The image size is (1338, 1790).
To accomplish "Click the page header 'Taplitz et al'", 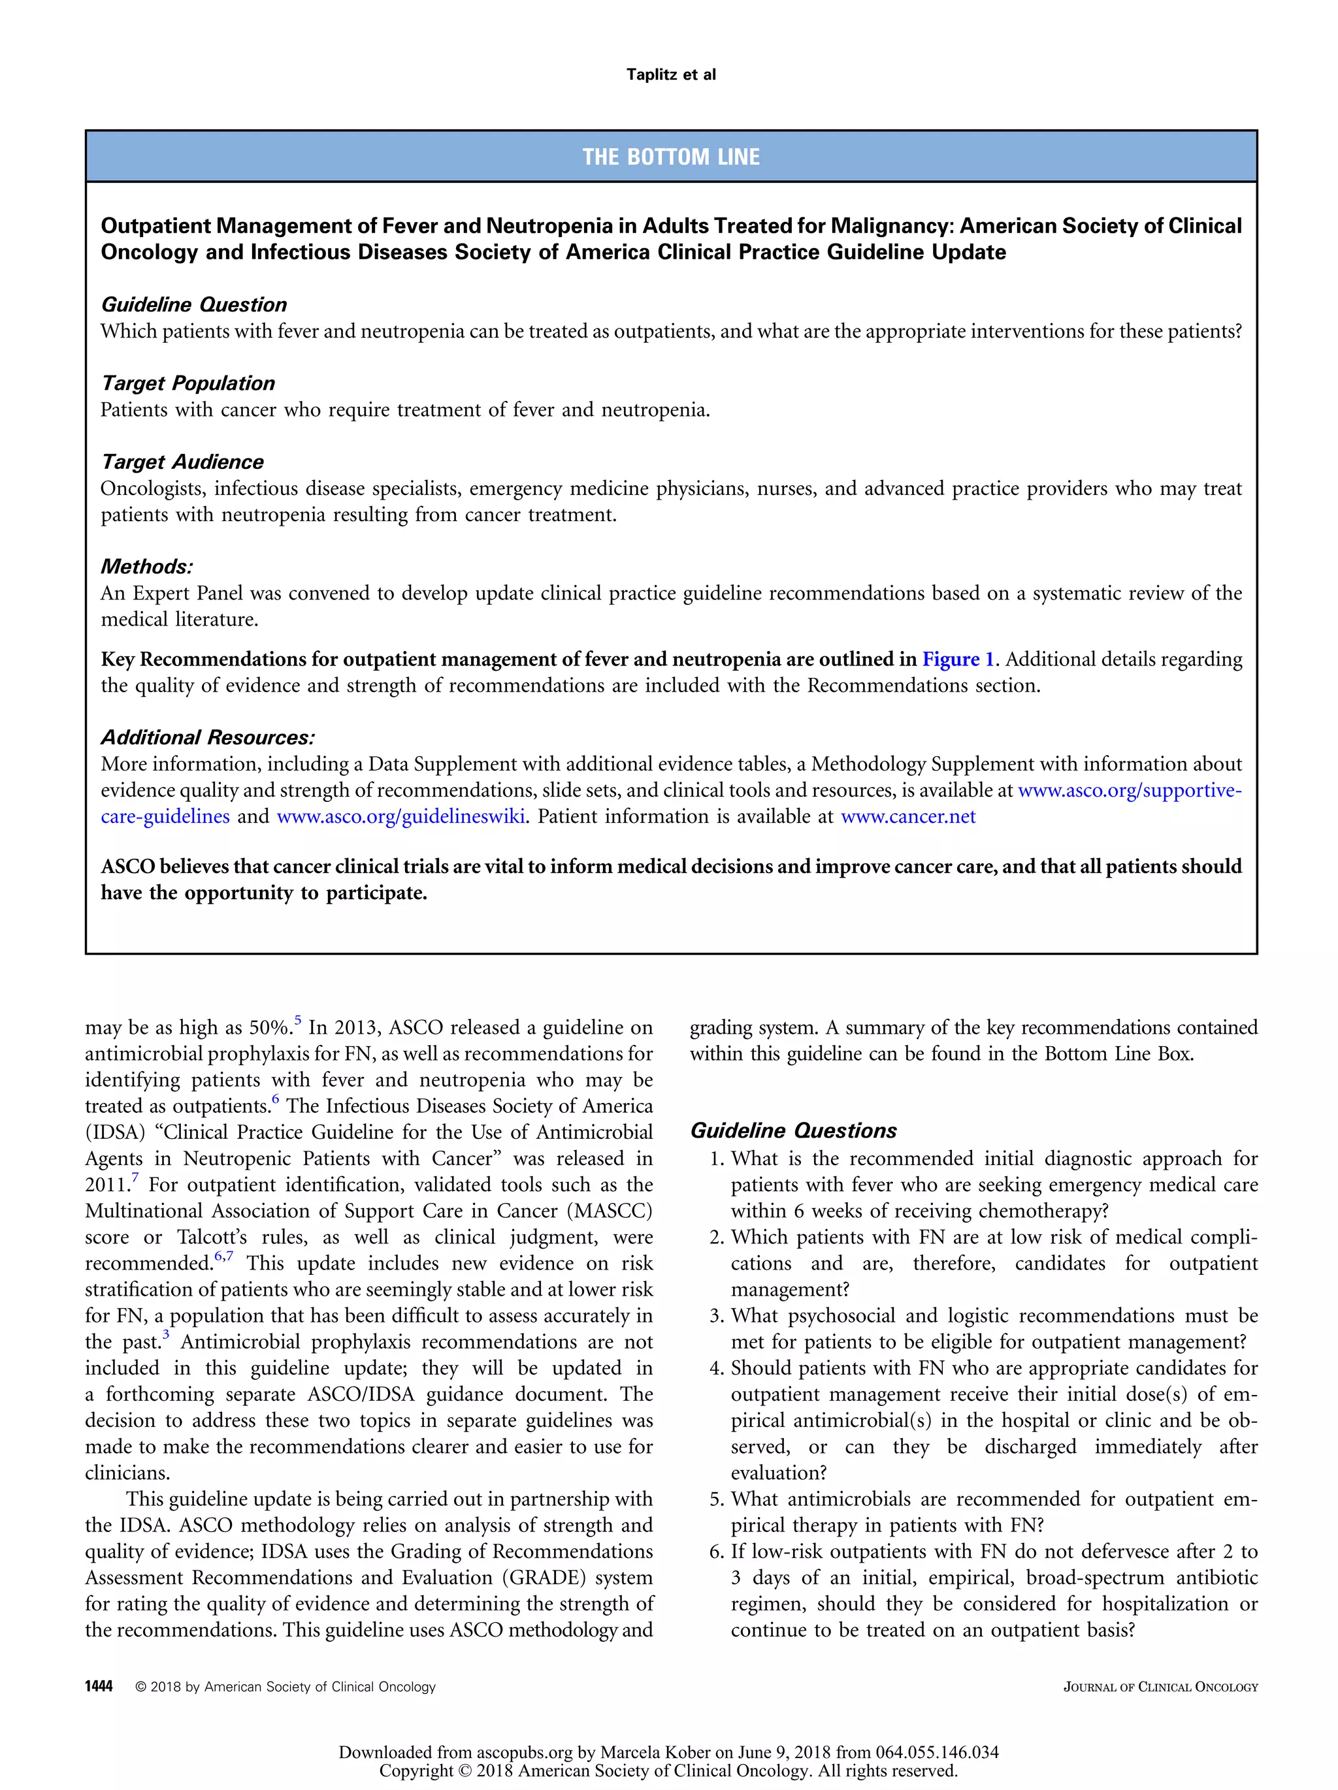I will [670, 74].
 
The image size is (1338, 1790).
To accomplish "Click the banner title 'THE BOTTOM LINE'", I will [670, 157].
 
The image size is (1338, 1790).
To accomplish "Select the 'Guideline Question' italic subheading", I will [193, 304].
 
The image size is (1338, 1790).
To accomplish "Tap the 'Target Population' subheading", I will [188, 383].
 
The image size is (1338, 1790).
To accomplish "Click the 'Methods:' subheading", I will [146, 566].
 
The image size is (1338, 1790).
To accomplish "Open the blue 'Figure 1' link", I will [958, 659].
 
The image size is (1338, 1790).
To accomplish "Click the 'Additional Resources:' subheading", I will [207, 737].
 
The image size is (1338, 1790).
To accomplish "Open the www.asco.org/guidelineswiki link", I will [400, 816].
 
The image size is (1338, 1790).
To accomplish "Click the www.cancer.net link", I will [908, 816].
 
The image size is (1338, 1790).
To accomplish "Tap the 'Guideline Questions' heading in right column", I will [793, 1130].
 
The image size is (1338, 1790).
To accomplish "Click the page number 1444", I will [99, 1686].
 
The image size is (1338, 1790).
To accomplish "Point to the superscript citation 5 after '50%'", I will [298, 1021].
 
